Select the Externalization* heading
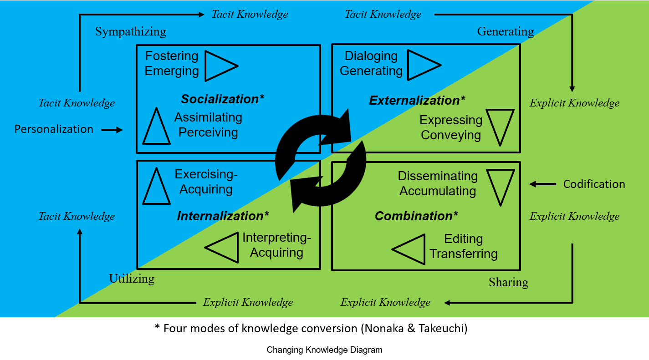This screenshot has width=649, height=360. (x=417, y=100)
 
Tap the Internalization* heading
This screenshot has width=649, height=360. (x=223, y=216)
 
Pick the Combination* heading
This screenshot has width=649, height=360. (x=416, y=216)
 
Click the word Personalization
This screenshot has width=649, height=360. (x=54, y=129)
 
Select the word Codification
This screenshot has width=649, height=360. (x=594, y=184)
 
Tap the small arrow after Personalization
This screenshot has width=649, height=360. (x=112, y=130)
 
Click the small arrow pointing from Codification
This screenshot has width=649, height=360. (x=542, y=184)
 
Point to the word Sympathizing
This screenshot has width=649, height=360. (x=131, y=32)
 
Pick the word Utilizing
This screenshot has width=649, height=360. (x=132, y=279)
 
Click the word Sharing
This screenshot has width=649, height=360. (x=508, y=282)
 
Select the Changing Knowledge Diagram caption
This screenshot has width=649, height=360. (x=324, y=350)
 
